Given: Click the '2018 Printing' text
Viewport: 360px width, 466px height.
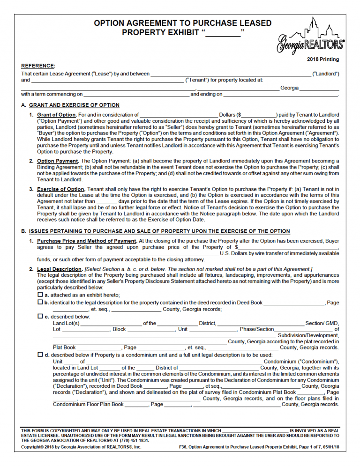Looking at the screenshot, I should pos(323,59).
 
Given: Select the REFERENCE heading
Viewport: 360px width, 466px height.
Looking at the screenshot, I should pos(38,66).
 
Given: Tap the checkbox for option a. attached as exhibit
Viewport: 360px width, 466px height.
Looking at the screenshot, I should pos(40,295).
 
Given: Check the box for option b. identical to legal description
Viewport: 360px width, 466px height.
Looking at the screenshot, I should pos(40,303).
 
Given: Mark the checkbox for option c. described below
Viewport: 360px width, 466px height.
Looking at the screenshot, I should pos(40,317).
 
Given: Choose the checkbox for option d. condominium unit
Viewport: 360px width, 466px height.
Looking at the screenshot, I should pos(40,355).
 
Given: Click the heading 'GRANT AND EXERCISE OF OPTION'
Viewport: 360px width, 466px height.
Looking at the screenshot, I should pos(74,105).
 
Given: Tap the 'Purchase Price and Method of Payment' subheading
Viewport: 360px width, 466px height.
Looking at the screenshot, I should pos(87,241).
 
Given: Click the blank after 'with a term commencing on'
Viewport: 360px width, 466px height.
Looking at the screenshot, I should pos(136,94).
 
